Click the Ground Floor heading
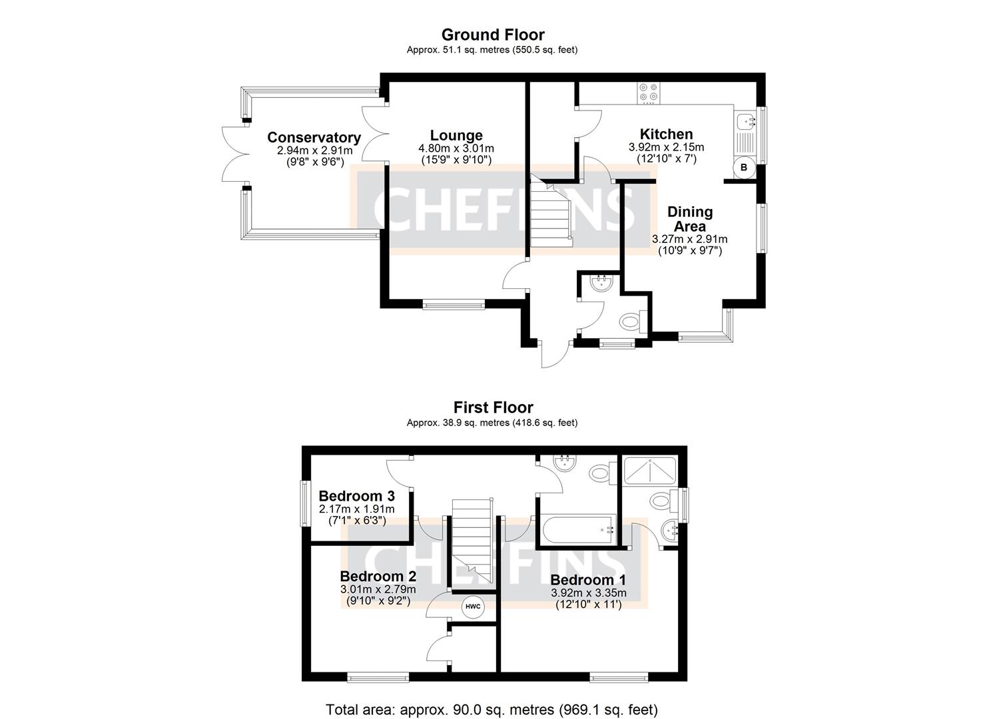tap(493, 35)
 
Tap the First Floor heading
tap(493, 407)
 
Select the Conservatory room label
tap(314, 137)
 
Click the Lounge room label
tap(456, 135)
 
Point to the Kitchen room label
tap(666, 134)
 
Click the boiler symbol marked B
tap(744, 168)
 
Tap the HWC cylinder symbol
tap(472, 607)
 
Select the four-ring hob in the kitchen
tap(649, 93)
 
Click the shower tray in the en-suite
tap(649, 469)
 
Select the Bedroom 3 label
tap(356, 496)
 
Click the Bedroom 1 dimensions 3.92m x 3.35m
tap(589, 593)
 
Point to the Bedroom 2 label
tap(378, 576)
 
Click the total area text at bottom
tap(492, 710)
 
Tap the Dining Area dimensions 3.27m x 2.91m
tap(689, 239)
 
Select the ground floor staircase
tap(551, 211)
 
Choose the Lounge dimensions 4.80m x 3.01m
tap(456, 148)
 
